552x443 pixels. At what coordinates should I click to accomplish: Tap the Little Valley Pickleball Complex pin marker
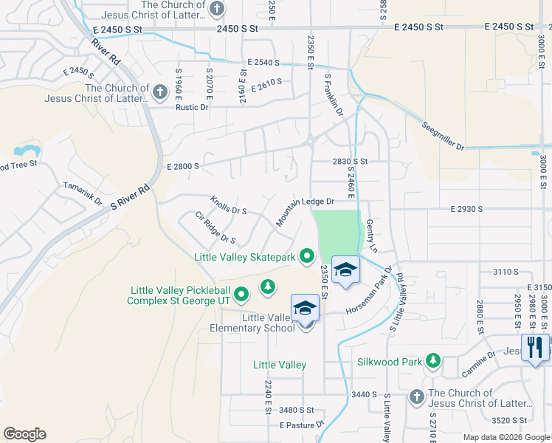tap(241, 296)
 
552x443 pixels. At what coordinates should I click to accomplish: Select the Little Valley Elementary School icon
tap(304, 309)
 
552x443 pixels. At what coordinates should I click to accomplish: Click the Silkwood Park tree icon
tap(432, 361)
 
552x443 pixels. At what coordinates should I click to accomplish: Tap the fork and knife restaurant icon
tap(534, 346)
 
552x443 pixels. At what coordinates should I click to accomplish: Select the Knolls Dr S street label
tap(228, 205)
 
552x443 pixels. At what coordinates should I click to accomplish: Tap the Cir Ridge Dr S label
tap(215, 228)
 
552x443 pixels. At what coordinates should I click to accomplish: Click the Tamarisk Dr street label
tap(82, 193)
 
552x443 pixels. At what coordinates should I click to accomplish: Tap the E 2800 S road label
tap(183, 167)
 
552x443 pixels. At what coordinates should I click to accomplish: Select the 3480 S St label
tap(297, 410)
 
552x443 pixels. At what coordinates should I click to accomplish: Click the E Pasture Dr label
tap(302, 425)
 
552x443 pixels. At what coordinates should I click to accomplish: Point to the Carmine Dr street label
tap(480, 360)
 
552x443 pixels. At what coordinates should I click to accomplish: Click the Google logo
tap(24, 434)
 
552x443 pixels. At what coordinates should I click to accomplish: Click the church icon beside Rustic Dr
tap(159, 93)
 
